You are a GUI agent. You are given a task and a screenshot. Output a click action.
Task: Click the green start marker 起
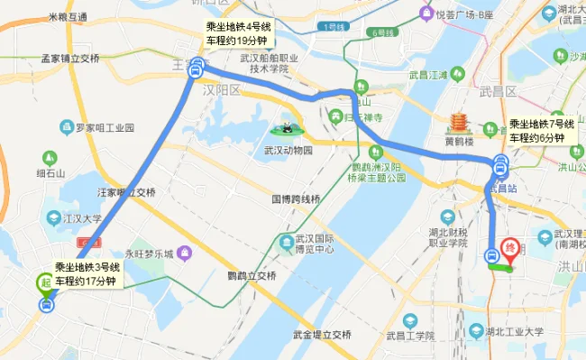click(44, 282)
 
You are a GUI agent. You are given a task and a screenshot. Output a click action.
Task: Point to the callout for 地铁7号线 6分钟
click(536, 131)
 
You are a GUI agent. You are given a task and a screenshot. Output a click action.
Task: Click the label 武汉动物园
click(288, 150)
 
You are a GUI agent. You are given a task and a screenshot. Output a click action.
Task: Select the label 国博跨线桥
click(296, 198)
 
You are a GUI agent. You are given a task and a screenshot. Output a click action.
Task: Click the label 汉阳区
click(223, 91)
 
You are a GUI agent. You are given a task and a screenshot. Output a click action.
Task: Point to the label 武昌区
click(498, 91)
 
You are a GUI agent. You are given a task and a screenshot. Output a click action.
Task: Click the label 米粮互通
click(68, 17)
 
